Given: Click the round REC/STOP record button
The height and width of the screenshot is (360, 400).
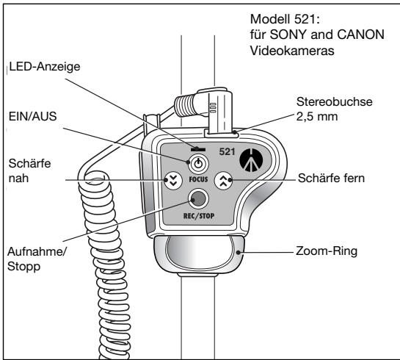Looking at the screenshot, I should pyautogui.click(x=197, y=197).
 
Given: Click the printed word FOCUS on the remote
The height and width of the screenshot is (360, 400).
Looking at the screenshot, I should pyautogui.click(x=198, y=179).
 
